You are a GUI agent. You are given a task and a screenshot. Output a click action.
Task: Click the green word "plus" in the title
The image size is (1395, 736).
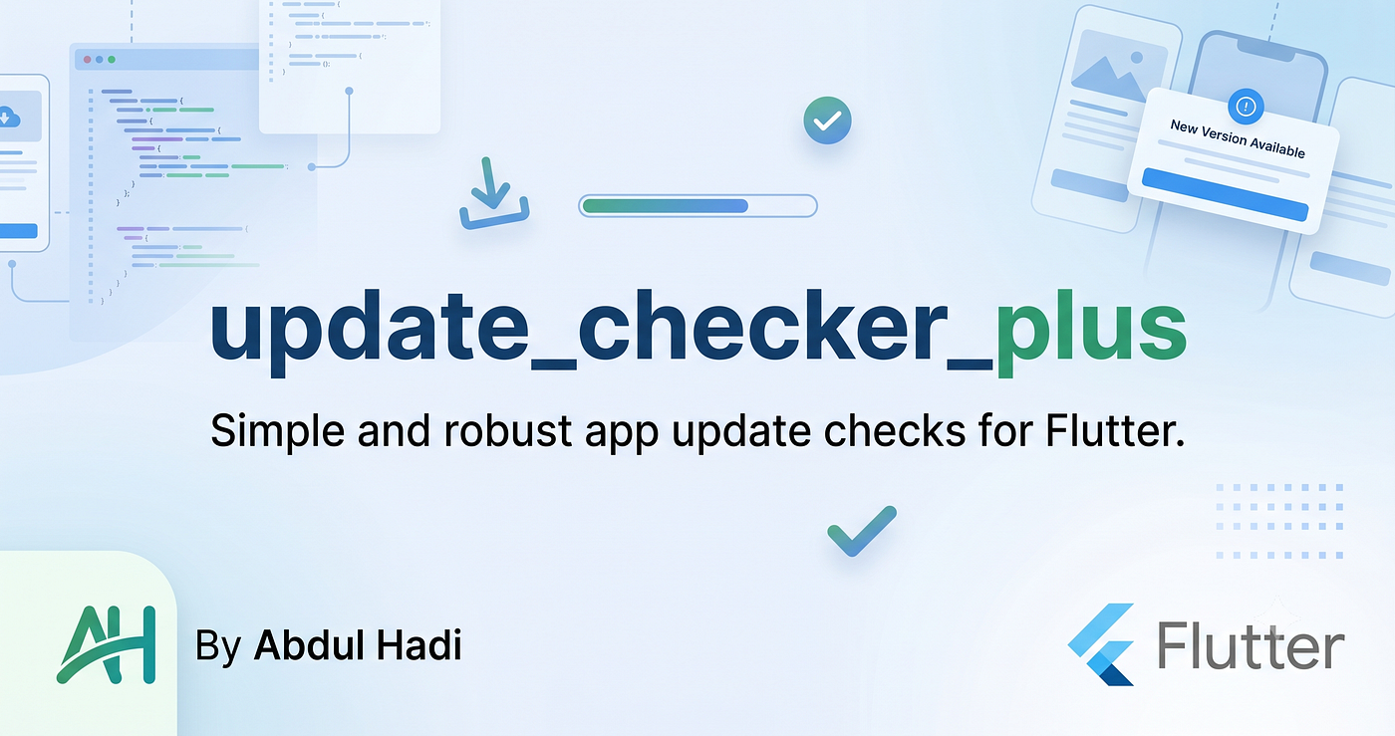pyautogui.click(x=1091, y=333)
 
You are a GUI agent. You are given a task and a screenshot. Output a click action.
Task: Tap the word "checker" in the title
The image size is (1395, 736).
pyautogui.click(x=762, y=325)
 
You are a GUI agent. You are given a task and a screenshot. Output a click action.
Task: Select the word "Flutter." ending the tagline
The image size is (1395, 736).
pyautogui.click(x=1115, y=430)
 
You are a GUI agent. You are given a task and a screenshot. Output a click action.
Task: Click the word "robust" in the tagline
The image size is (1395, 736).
pyautogui.click(x=507, y=430)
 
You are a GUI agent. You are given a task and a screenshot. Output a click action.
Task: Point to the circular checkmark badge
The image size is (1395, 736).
pyautogui.click(x=827, y=121)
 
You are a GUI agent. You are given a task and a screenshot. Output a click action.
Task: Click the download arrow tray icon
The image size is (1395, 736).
pyautogui.click(x=494, y=193)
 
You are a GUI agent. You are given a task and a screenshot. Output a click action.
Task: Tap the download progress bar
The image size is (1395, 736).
pyautogui.click(x=697, y=206)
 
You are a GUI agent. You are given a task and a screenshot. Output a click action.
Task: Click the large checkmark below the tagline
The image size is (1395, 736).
pyautogui.click(x=862, y=531)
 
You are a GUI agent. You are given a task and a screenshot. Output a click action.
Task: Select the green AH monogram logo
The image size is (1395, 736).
pyautogui.click(x=107, y=644)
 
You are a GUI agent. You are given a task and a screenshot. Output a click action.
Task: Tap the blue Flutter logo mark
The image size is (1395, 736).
pyautogui.click(x=1101, y=643)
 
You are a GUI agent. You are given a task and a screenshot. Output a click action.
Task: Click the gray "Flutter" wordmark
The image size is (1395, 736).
pyautogui.click(x=1251, y=645)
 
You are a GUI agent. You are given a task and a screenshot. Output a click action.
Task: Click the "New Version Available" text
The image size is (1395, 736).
pyautogui.click(x=1238, y=138)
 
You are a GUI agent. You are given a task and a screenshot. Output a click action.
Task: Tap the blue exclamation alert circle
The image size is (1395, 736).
pyautogui.click(x=1246, y=107)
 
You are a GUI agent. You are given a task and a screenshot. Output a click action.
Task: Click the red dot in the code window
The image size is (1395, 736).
pyautogui.click(x=88, y=60)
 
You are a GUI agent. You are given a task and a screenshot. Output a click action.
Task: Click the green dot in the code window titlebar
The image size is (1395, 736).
pyautogui.click(x=112, y=60)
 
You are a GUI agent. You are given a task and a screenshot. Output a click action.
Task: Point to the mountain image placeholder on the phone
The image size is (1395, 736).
pyautogui.click(x=1118, y=67)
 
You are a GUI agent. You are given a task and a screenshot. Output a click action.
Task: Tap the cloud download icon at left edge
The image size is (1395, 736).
pyautogui.click(x=9, y=117)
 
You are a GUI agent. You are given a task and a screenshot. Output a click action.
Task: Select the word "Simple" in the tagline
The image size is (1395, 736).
pyautogui.click(x=277, y=431)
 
